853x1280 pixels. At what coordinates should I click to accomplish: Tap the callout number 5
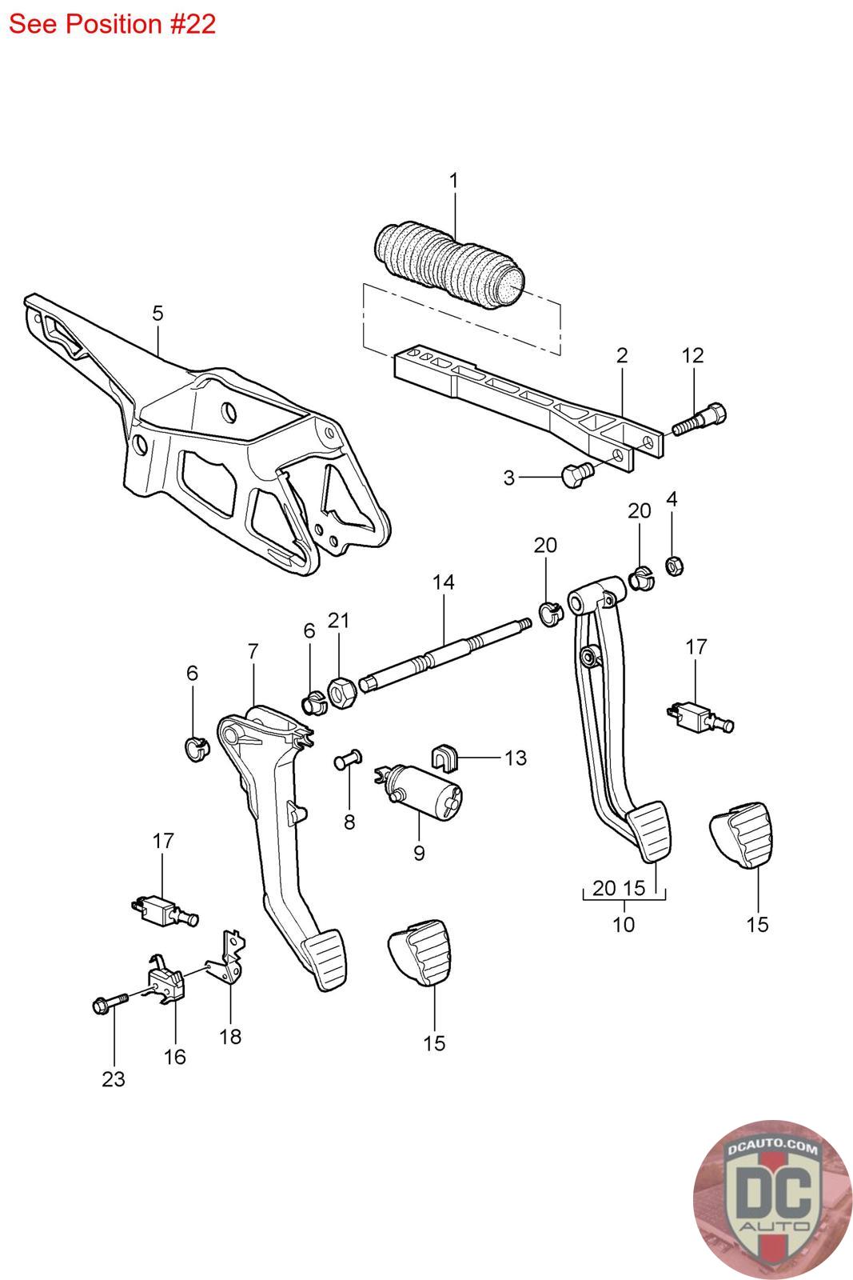tap(157, 313)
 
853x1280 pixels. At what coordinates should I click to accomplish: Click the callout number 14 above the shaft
tap(443, 582)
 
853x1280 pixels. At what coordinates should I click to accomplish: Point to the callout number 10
tap(623, 924)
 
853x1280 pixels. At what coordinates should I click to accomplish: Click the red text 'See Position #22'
tap(112, 24)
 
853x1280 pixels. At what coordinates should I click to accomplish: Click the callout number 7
tap(253, 651)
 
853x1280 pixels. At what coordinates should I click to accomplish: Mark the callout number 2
tap(622, 355)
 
